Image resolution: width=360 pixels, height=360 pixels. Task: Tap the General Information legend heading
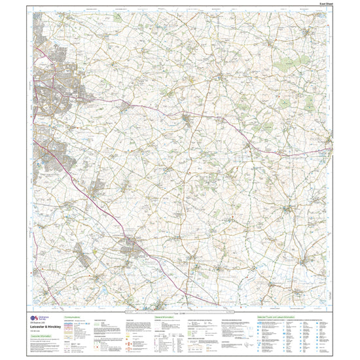pyautogui.click(x=164, y=316)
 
